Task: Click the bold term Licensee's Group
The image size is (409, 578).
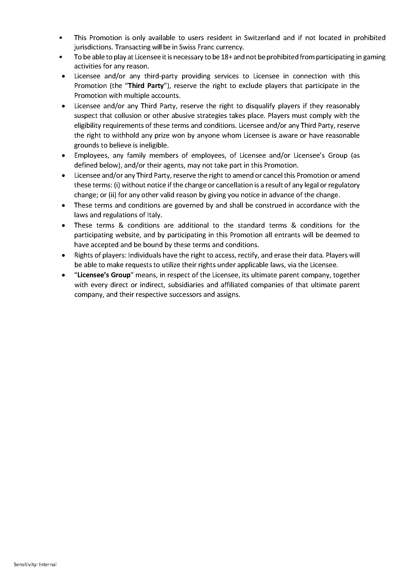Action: point(104,275)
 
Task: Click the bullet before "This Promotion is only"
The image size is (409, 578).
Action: point(61,38)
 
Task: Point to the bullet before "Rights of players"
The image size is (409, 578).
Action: point(64,256)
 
